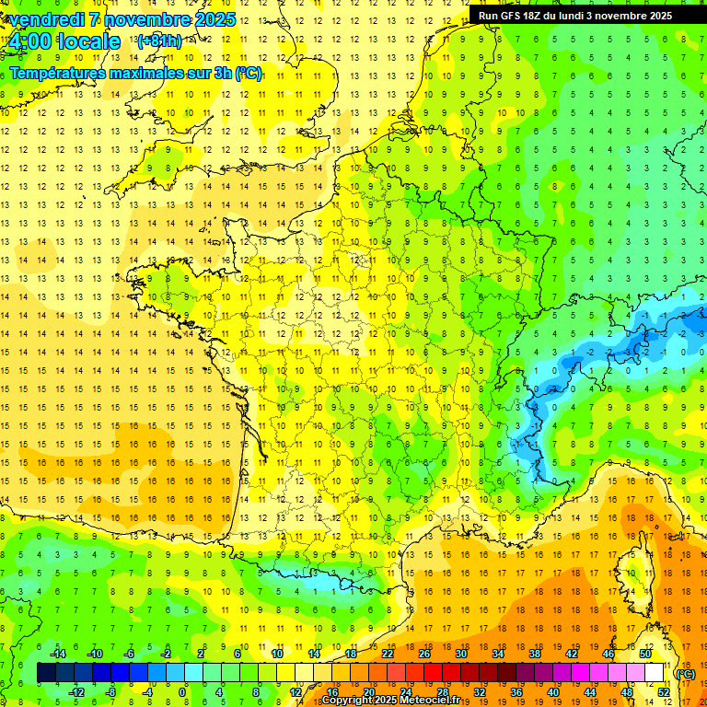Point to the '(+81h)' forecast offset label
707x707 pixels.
(159, 41)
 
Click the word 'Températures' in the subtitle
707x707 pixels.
(58, 73)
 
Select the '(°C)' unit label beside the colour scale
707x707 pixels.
(685, 674)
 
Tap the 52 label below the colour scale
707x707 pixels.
(663, 692)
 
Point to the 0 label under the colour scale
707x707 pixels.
(182, 692)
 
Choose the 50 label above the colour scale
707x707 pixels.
(644, 654)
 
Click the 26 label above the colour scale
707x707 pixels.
(424, 654)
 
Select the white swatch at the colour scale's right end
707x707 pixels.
(654, 673)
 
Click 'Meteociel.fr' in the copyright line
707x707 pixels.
(433, 701)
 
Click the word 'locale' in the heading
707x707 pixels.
(87, 42)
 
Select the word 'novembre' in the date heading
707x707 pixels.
(150, 19)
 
